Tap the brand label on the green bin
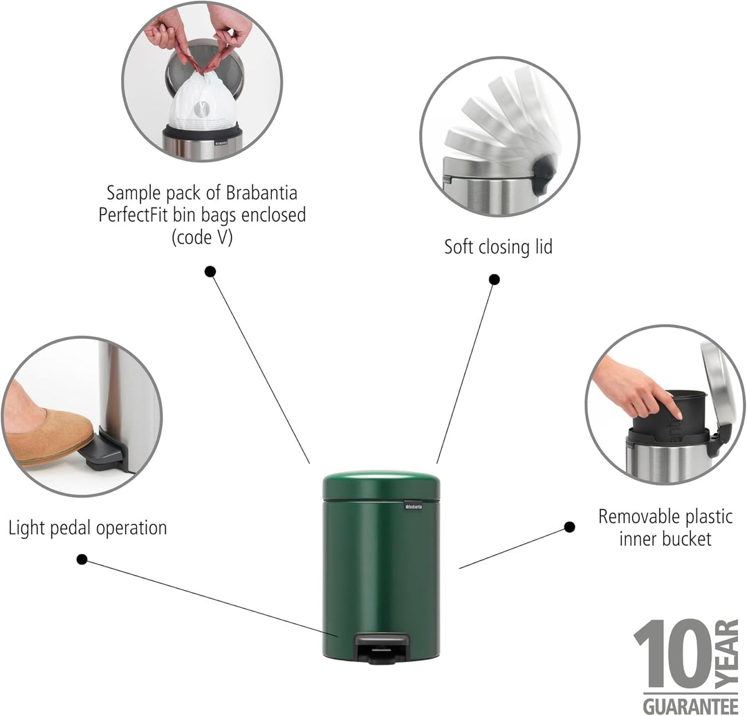pos(414,506)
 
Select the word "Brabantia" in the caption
pos(261,193)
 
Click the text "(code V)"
pos(202,237)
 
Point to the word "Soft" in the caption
pos(459,247)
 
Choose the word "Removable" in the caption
pos(636,516)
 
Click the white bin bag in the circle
pos(203,104)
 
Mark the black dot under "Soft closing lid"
pos(495,279)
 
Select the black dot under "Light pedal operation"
pos(82,559)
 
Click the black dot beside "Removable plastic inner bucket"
pos(569,527)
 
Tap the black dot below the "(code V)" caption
pos(210,272)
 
